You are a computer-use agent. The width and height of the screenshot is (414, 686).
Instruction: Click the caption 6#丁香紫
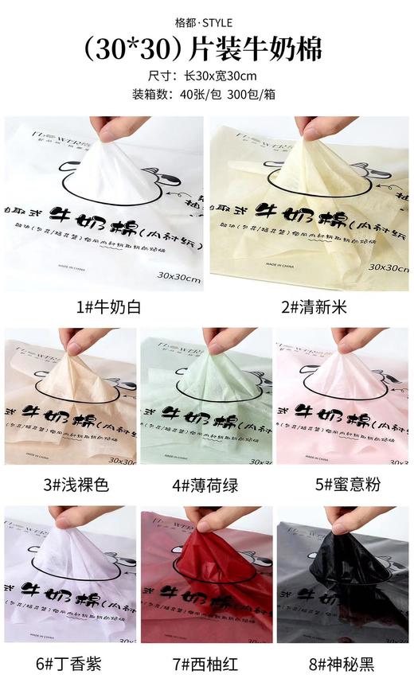[x=70, y=663]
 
